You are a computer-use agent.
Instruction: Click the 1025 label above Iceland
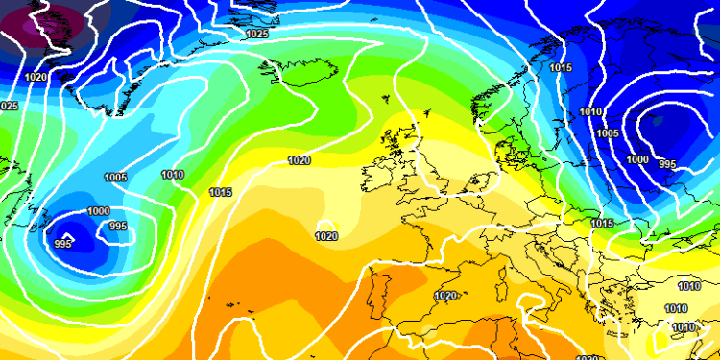(x=257, y=34)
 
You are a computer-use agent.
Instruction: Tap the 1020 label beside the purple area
(x=36, y=77)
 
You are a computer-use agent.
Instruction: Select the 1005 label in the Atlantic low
(x=115, y=177)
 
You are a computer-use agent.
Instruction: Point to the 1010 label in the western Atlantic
(x=173, y=174)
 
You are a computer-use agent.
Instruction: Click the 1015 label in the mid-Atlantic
(x=221, y=192)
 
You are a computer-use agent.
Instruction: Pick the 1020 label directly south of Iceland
(x=300, y=160)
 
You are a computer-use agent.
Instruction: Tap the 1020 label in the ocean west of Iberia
(x=326, y=235)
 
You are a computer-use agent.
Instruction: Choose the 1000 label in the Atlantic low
(x=98, y=211)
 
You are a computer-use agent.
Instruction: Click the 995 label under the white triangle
(x=63, y=244)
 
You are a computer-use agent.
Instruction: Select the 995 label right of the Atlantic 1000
(x=117, y=227)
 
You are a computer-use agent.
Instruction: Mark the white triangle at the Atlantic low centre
(x=67, y=234)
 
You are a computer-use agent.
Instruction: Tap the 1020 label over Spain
(x=445, y=297)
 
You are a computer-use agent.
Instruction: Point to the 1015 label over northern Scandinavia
(x=561, y=67)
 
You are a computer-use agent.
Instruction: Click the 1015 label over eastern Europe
(x=602, y=223)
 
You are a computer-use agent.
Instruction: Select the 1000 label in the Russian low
(x=636, y=159)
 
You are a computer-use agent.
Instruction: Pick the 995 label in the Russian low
(x=668, y=164)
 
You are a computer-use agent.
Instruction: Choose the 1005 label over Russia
(x=607, y=133)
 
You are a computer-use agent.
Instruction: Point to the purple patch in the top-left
(x=38, y=24)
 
